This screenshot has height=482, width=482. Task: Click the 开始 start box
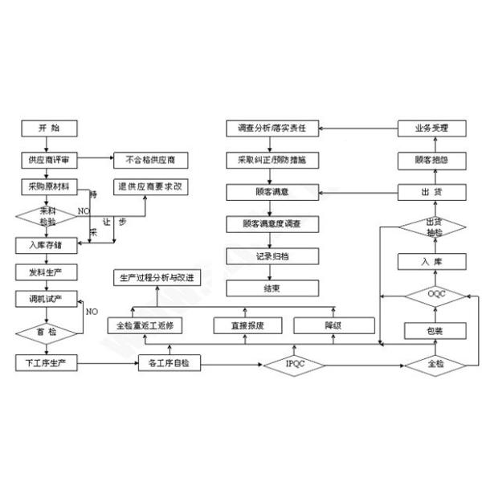click(x=47, y=128)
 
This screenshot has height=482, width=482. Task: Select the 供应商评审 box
click(x=47, y=159)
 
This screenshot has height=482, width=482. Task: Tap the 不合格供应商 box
click(x=151, y=159)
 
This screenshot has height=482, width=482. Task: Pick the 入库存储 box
click(x=47, y=244)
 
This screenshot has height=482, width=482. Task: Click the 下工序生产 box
click(x=47, y=363)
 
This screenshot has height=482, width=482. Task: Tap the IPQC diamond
click(x=295, y=364)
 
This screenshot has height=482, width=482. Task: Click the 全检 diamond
click(x=434, y=364)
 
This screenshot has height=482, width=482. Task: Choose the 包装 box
click(x=434, y=329)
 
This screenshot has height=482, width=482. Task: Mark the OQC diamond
click(x=434, y=296)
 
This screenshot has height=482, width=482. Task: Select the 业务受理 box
click(x=434, y=129)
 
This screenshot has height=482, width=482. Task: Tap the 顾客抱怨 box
click(x=434, y=160)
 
